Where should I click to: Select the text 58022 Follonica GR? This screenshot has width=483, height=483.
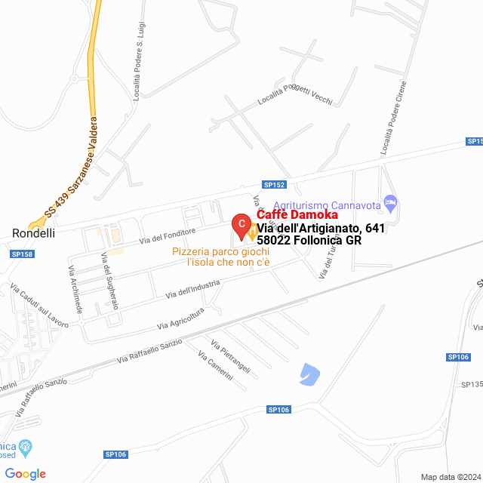tap(309, 241)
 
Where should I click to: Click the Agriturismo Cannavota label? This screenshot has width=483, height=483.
tap(327, 205)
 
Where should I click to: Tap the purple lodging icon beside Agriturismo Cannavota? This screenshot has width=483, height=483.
tap(390, 202)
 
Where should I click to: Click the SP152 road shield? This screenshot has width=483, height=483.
tap(275, 184)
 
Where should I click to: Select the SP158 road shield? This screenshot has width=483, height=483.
tap(23, 254)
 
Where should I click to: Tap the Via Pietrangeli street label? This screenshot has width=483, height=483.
tap(230, 357)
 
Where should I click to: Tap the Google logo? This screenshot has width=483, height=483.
tap(25, 474)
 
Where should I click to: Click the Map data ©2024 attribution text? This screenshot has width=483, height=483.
tap(449, 477)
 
